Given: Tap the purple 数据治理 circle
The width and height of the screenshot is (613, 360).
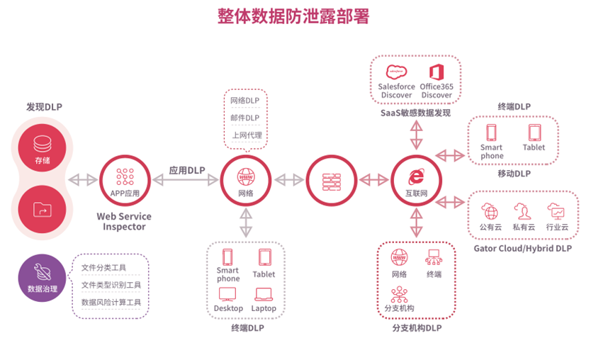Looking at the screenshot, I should (x=43, y=278).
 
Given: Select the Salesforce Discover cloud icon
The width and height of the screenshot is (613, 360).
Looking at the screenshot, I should (x=396, y=72).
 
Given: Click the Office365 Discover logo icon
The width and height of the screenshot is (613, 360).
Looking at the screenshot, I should (x=436, y=72).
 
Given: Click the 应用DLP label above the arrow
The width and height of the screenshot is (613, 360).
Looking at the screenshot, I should (x=186, y=170).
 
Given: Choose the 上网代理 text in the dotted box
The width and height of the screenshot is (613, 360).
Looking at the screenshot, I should (x=246, y=135).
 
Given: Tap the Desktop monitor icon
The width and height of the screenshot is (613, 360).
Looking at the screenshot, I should (x=228, y=294).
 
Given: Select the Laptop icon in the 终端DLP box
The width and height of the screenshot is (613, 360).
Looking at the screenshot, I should (x=264, y=294).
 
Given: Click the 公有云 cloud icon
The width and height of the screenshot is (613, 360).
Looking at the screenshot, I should (x=490, y=211).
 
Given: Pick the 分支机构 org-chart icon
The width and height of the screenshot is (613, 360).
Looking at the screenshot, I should (x=399, y=294).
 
